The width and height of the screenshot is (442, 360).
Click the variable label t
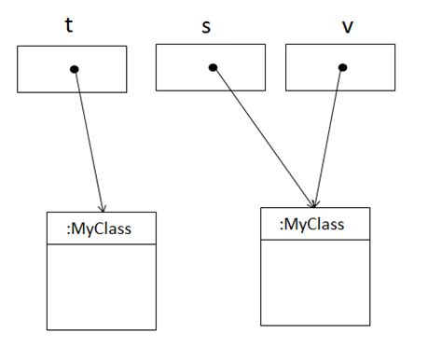[x=69, y=25]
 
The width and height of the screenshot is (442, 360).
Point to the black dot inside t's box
[x=75, y=68]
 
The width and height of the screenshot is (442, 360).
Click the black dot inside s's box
[x=214, y=67]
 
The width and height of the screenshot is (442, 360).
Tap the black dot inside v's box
[x=342, y=67]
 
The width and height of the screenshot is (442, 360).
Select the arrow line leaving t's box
[x=89, y=140]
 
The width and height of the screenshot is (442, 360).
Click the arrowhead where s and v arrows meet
[x=315, y=201]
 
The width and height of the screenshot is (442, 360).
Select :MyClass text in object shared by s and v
[x=312, y=224]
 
